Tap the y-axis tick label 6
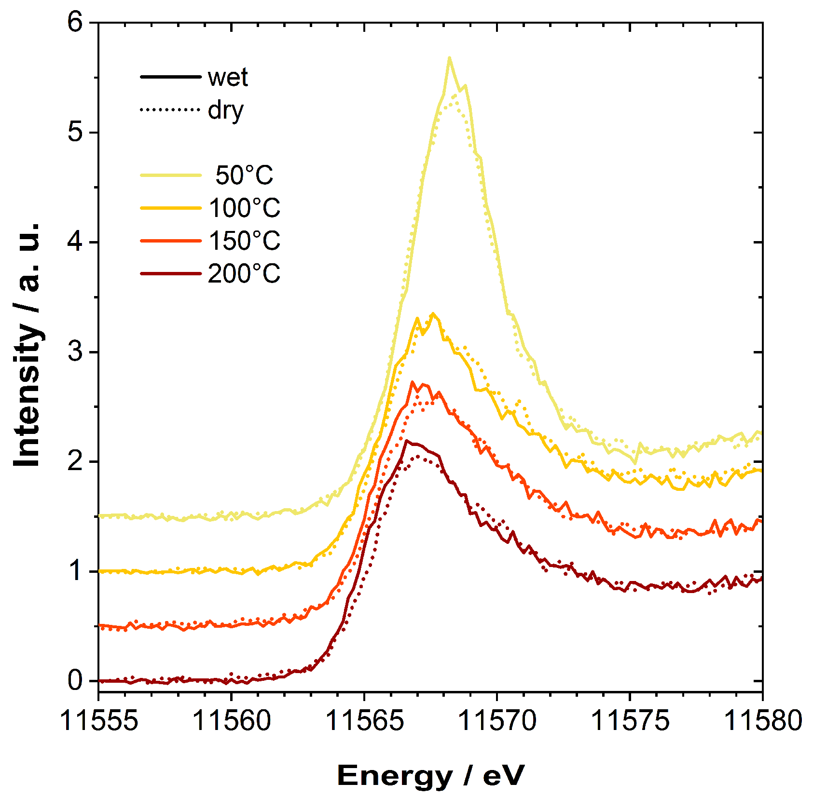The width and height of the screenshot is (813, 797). (76, 22)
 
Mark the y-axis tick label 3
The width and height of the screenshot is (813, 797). (76, 351)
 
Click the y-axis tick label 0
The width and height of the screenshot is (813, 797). (76, 680)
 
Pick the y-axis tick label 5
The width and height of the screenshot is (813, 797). (76, 132)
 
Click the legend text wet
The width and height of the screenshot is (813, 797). (228, 78)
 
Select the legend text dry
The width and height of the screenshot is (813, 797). (225, 111)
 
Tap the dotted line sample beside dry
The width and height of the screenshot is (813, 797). (170, 110)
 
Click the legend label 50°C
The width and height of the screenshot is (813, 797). (244, 176)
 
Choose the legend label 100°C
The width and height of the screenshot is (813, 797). (244, 208)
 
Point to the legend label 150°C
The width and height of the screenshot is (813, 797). (244, 241)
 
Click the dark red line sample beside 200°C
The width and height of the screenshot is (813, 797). (170, 273)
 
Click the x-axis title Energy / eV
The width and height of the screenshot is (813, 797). (430, 776)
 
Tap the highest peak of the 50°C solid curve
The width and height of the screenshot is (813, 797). (449, 58)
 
